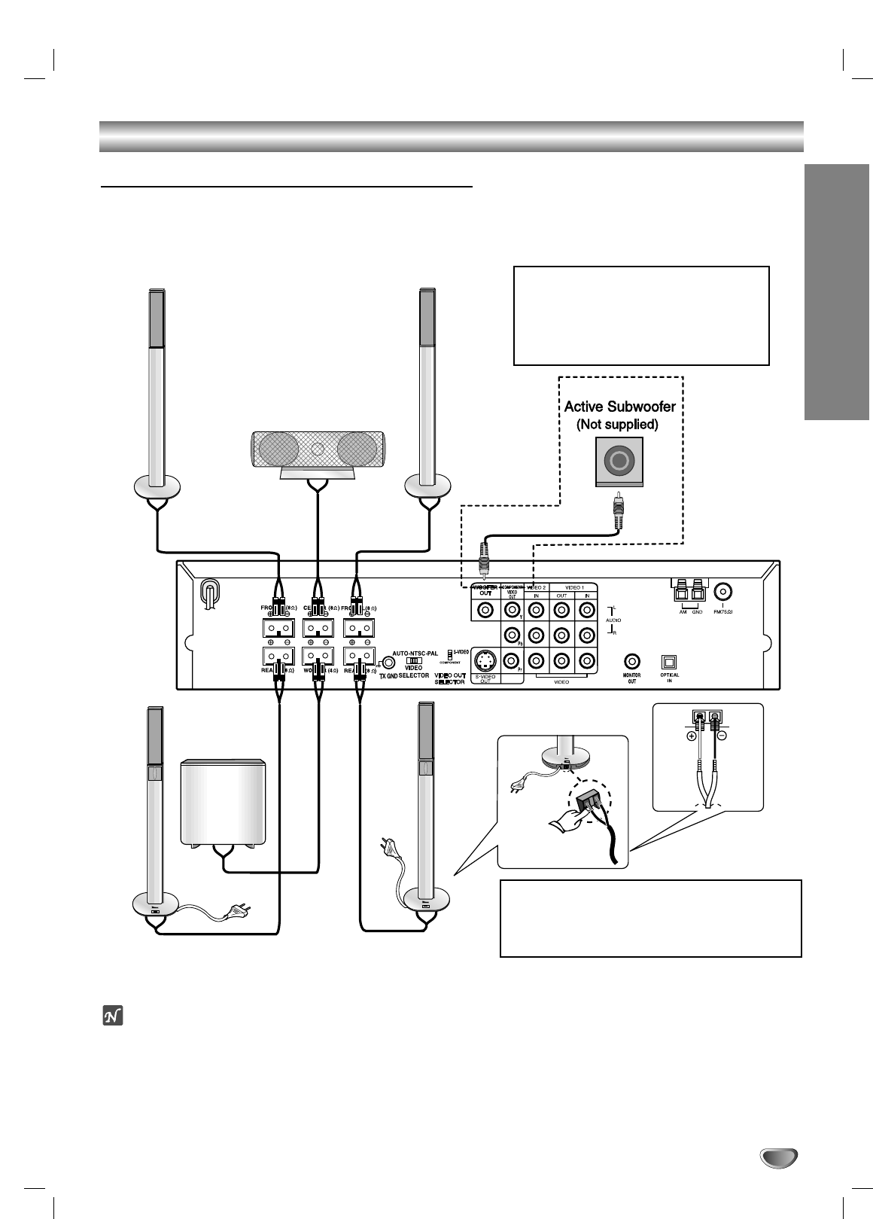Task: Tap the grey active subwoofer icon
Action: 618,461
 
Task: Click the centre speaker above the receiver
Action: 318,450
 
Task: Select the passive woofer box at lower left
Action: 224,803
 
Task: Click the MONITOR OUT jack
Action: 632,661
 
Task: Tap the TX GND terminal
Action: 387,663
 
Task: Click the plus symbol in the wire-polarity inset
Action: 691,737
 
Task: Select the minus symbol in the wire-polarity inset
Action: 722,737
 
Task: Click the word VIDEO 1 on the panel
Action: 573,587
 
